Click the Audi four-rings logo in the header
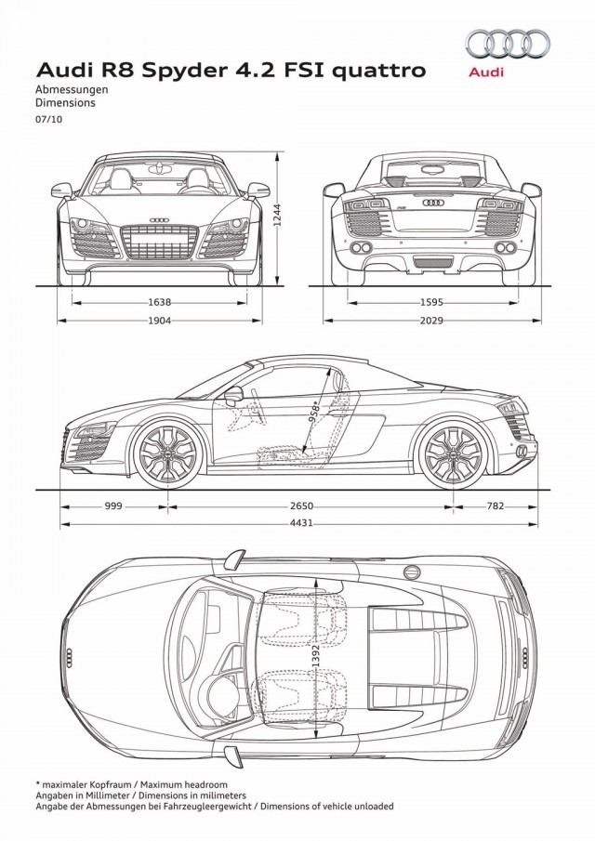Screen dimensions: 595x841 click(508, 44)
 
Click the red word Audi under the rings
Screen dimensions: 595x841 click(486, 72)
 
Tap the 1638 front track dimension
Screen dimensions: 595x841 click(159, 302)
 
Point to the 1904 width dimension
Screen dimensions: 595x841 click(159, 321)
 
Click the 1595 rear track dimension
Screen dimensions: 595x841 click(432, 302)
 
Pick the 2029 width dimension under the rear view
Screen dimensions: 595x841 click(432, 321)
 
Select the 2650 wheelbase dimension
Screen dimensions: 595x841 click(301, 506)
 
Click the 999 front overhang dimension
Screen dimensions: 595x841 click(113, 506)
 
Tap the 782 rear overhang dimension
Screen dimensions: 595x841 click(496, 506)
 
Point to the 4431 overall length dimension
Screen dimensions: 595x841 click(301, 523)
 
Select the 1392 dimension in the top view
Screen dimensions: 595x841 click(315, 656)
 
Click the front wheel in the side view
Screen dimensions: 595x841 click(168, 453)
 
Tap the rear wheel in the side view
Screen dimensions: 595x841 click(454, 453)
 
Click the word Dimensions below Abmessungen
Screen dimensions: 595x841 click(65, 102)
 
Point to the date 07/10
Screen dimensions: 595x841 click(49, 120)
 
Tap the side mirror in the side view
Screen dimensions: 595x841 click(234, 396)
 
